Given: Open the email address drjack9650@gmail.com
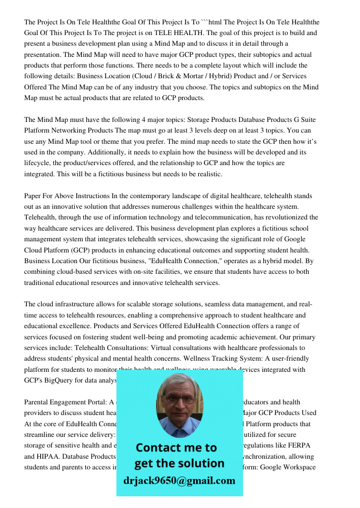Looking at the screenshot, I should tap(179, 481).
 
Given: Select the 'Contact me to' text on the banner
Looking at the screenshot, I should tap(176, 448).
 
